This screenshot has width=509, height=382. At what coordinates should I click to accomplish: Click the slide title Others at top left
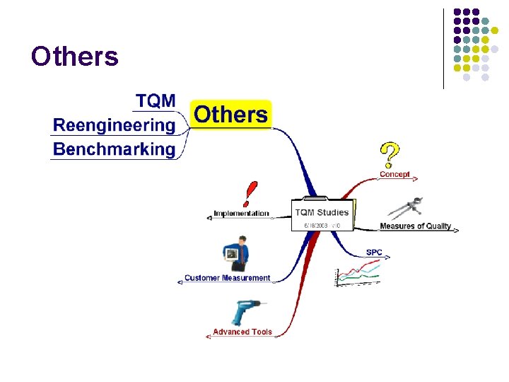(75, 56)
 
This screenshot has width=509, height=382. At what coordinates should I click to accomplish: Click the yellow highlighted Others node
(230, 115)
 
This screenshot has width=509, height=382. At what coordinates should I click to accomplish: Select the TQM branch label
(156, 101)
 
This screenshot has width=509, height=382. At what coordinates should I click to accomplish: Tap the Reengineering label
(114, 126)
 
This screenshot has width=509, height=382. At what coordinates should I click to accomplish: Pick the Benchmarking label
(114, 149)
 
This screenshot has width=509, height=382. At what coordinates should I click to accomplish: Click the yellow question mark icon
(390, 154)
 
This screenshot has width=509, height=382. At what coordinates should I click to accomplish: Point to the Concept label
(394, 174)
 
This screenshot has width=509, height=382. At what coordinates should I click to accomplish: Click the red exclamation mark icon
(250, 194)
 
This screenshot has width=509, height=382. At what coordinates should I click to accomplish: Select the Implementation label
(241, 213)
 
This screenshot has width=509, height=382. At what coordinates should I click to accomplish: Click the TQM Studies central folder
(322, 213)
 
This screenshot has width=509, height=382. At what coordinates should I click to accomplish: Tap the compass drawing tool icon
(406, 209)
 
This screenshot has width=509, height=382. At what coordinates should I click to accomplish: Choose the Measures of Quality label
(415, 226)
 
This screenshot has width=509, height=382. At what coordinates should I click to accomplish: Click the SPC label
(374, 253)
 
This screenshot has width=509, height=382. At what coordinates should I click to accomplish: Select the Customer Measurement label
(227, 278)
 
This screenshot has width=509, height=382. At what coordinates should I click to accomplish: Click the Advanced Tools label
(242, 332)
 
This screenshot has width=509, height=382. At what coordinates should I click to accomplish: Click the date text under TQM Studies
(322, 226)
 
